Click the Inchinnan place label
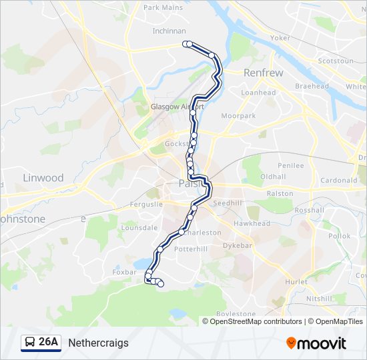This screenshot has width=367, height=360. click(168, 31)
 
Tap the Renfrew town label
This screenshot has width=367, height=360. click(263, 73)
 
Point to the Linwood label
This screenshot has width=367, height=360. click(43, 178)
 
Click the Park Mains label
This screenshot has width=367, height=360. click(163, 8)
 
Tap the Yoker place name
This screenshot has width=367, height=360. click(281, 38)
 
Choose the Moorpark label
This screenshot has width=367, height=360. click(238, 116)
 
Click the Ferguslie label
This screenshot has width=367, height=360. click(146, 204)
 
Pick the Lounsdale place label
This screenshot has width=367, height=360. click(139, 227)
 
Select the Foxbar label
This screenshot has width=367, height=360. click(125, 272)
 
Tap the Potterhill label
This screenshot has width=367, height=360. click(191, 248)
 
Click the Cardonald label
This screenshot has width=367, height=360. click(339, 180)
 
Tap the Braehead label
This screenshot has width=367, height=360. click(312, 87)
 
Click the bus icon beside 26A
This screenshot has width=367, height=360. click(30, 343)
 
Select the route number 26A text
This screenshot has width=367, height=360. click(49, 343)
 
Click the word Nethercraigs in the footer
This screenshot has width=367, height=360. click(98, 343)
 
